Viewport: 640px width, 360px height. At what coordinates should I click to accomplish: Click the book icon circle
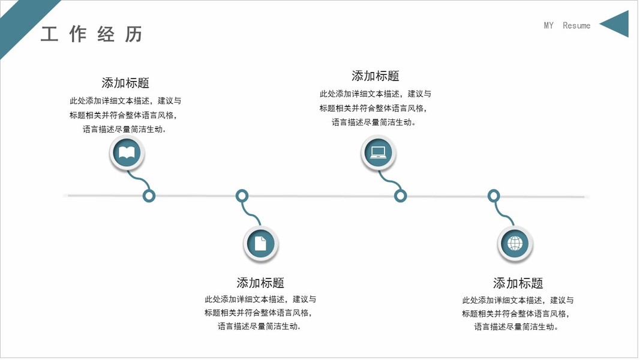tap(127, 152)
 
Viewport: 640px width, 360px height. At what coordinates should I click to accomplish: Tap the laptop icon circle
tap(378, 152)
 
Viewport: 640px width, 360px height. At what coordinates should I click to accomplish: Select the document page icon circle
tap(260, 244)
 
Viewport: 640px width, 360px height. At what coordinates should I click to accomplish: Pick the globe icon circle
tap(515, 244)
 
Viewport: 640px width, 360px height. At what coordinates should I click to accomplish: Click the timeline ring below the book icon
tap(149, 196)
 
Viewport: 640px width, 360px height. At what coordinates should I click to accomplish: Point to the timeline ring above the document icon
tap(242, 196)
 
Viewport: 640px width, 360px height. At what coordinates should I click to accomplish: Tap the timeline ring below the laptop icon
tap(400, 196)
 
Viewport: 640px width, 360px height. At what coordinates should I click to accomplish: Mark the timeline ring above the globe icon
tap(493, 196)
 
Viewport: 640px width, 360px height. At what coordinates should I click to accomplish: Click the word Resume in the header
tap(576, 25)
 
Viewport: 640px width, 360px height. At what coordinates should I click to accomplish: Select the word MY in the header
tap(549, 25)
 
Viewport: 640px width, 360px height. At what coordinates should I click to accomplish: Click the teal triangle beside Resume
tap(617, 24)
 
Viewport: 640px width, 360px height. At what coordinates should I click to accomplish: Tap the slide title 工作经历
tap(92, 34)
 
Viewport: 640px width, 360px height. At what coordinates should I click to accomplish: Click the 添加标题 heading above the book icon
tap(125, 83)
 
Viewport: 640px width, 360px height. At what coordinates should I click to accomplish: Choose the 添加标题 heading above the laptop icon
tap(375, 76)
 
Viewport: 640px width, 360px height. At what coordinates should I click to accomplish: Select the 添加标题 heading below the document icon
tap(260, 283)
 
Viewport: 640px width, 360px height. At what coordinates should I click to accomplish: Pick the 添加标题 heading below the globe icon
tap(518, 283)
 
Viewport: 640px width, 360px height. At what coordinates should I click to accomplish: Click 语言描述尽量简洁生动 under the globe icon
tap(517, 327)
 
